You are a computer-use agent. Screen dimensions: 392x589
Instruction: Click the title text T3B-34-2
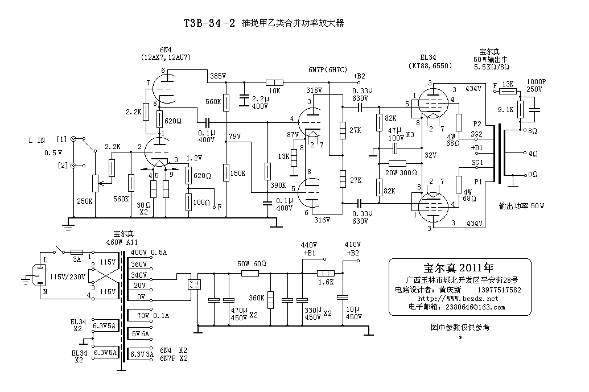[x=209, y=24]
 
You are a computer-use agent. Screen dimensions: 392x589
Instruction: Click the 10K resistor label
[x=274, y=91]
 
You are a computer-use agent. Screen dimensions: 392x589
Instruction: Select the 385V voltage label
[x=218, y=76]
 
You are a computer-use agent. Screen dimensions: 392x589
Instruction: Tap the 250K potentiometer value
[x=84, y=201]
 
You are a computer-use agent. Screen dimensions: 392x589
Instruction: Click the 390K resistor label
[x=278, y=186]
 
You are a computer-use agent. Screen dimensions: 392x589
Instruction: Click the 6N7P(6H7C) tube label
[x=327, y=69]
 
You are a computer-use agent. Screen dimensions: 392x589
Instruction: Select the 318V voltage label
[x=314, y=90]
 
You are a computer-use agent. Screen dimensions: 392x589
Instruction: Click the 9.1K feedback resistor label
[x=506, y=109]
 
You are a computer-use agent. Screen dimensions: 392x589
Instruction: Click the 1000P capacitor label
[x=537, y=82]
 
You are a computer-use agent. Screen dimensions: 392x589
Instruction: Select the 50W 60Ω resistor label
[x=251, y=264]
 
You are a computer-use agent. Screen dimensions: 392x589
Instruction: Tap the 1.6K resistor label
[x=326, y=283]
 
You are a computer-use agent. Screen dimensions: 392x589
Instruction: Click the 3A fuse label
[x=77, y=260]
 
